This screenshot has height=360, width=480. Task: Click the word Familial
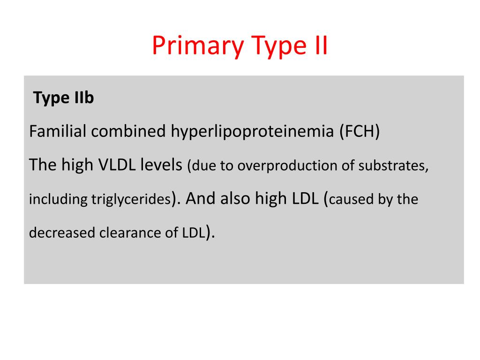coord(58,132)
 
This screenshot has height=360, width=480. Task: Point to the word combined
coord(128,132)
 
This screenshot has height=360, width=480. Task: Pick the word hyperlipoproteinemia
coord(253,132)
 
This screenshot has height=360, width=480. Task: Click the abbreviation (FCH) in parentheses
coord(360,132)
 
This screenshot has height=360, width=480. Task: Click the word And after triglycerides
coord(202,199)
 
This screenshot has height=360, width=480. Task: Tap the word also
coord(235,199)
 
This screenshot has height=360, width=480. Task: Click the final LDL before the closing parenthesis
coord(194,233)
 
